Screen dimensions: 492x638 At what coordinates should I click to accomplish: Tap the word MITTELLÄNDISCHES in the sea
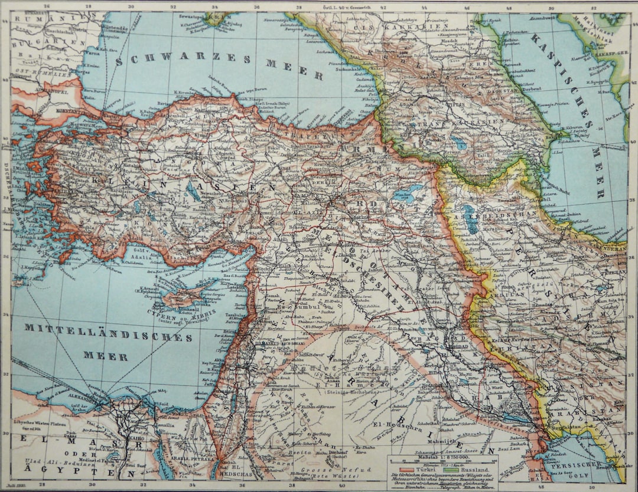pyautogui.click(x=109, y=334)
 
